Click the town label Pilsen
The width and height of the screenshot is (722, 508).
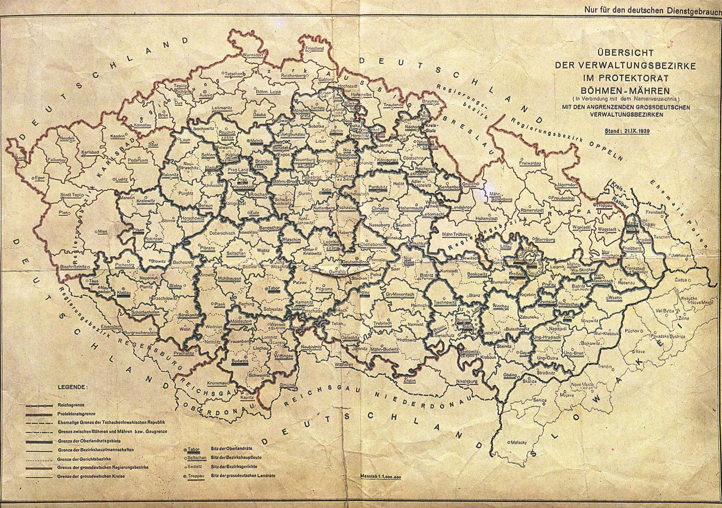click(x=139, y=230)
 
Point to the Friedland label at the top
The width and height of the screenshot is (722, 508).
click(x=314, y=48)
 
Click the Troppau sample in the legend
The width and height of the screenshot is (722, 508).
click(x=196, y=485)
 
